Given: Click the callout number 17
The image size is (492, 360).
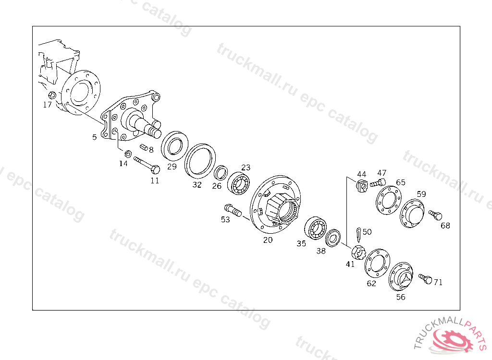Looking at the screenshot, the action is click(x=47, y=105).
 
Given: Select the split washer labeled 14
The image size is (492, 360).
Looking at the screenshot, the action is click(x=128, y=154).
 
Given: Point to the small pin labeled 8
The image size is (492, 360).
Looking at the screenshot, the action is click(x=144, y=146).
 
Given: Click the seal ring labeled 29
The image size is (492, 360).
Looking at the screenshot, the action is click(x=174, y=146).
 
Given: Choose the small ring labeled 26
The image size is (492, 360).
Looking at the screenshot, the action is click(x=221, y=172).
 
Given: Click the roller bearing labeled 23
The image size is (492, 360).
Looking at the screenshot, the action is click(x=238, y=183).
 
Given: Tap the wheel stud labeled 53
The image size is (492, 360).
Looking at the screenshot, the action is click(x=233, y=210).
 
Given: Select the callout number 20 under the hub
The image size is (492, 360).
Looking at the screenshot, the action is click(x=268, y=240).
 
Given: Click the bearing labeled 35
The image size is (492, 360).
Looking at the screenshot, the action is click(x=316, y=228).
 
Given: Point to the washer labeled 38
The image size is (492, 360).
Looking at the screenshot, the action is click(x=333, y=238).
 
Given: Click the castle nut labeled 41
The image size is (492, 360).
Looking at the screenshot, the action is click(x=358, y=252).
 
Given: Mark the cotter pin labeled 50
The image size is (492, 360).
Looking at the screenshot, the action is click(x=358, y=235).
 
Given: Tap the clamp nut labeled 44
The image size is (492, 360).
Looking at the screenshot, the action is click(x=362, y=186).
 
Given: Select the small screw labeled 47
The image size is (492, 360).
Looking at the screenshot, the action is click(x=378, y=182).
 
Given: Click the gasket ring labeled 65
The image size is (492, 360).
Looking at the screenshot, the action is click(x=388, y=200).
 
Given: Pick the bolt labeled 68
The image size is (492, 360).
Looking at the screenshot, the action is click(x=435, y=215).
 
